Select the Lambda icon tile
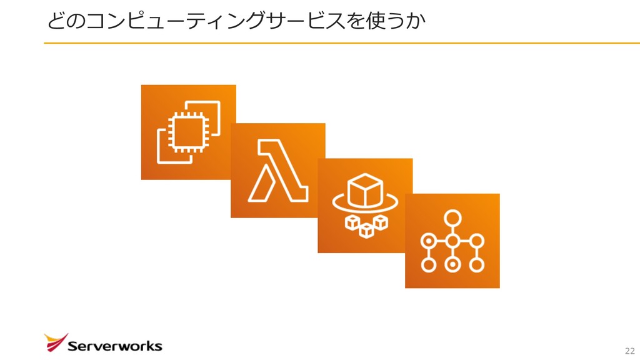(277, 170)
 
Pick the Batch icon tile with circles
(452, 241)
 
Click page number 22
(629, 350)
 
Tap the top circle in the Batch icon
(452, 218)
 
